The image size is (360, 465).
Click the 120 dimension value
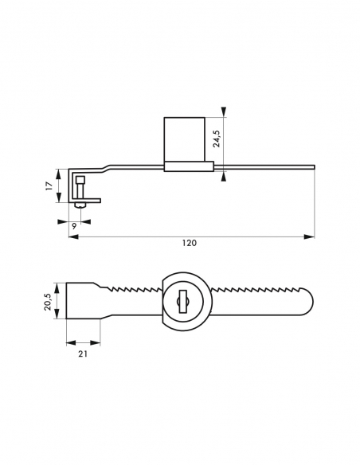coord(190,243)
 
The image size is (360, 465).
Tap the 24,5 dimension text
coord(217,139)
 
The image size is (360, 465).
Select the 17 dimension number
coord(49,186)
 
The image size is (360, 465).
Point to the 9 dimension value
coord(74,226)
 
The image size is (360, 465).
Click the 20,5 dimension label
coord(48,301)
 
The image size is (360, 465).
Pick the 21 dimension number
coord(83,354)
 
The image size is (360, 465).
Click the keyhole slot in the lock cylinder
coord(183,301)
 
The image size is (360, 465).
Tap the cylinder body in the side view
coord(185,139)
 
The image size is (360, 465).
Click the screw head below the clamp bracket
coord(80,205)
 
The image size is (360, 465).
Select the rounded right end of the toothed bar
coord(307,301)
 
